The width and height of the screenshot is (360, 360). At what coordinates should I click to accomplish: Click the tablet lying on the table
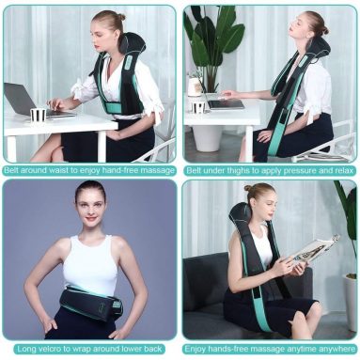[226, 103]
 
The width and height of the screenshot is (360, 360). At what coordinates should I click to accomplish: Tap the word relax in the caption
[340, 170]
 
